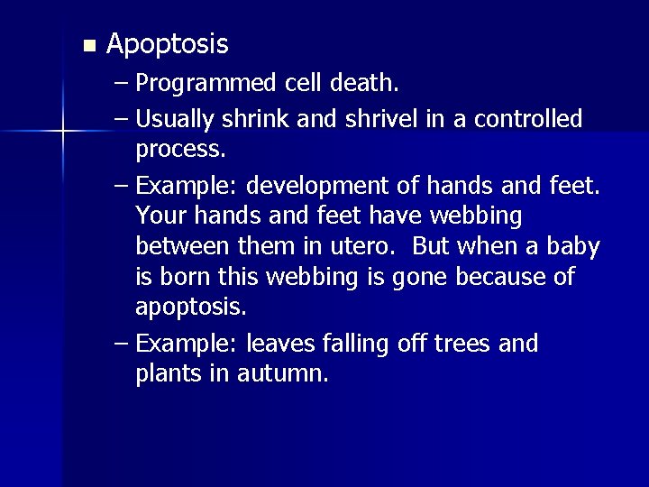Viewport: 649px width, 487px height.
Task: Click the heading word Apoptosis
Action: click(167, 43)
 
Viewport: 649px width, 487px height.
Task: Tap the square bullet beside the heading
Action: click(87, 45)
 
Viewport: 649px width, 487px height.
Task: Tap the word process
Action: click(179, 147)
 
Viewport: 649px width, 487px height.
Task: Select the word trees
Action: click(463, 344)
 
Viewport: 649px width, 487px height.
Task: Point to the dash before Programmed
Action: click(122, 85)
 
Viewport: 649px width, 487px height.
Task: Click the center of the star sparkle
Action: click(63, 133)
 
